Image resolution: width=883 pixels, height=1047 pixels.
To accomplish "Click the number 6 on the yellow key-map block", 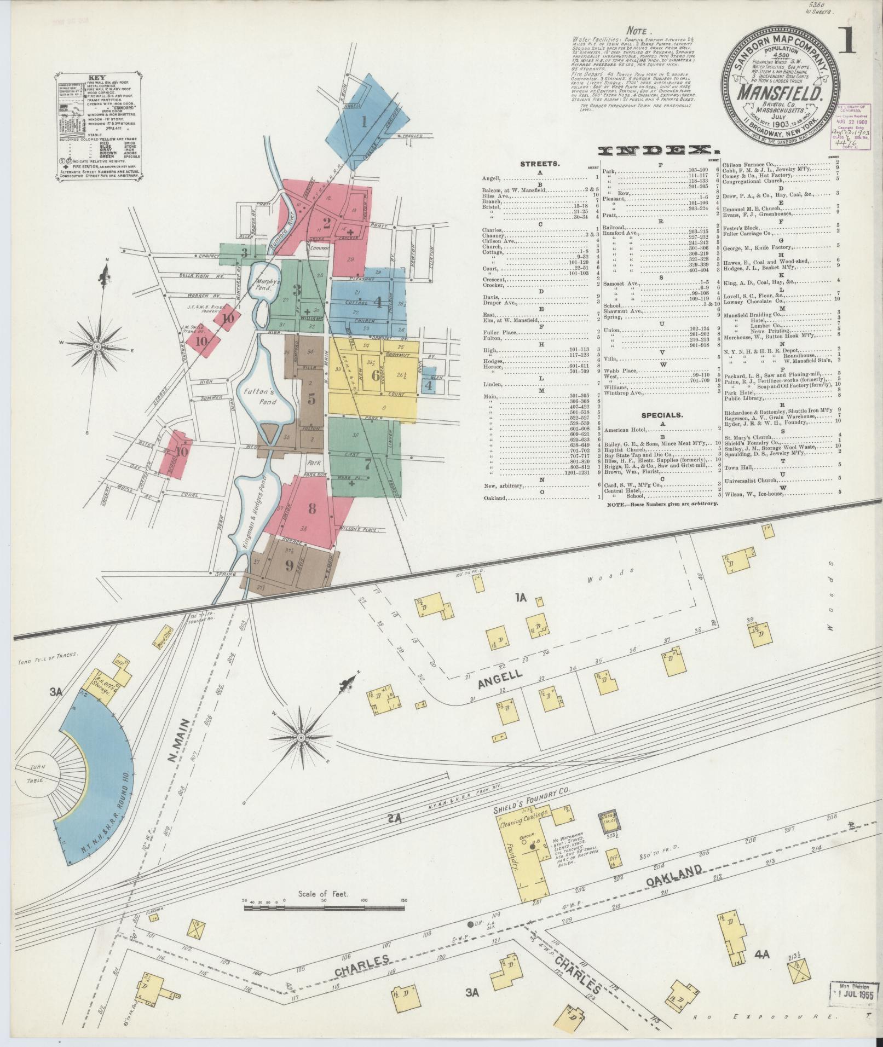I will pyautogui.click(x=374, y=376).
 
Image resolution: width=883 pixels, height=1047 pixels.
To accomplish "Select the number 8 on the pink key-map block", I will pyautogui.click(x=311, y=508).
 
